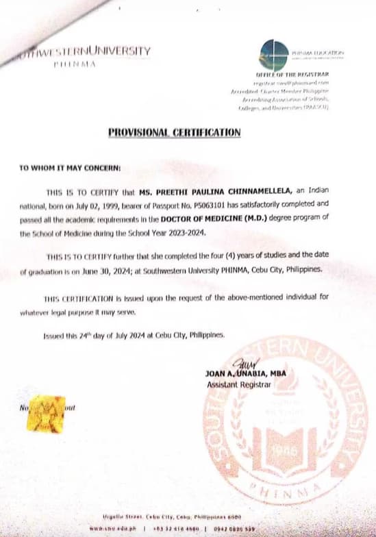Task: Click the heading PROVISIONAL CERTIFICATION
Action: pyautogui.click(x=174, y=132)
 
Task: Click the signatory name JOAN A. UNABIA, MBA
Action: pyautogui.click(x=245, y=373)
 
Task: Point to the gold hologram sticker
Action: pyautogui.click(x=46, y=412)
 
